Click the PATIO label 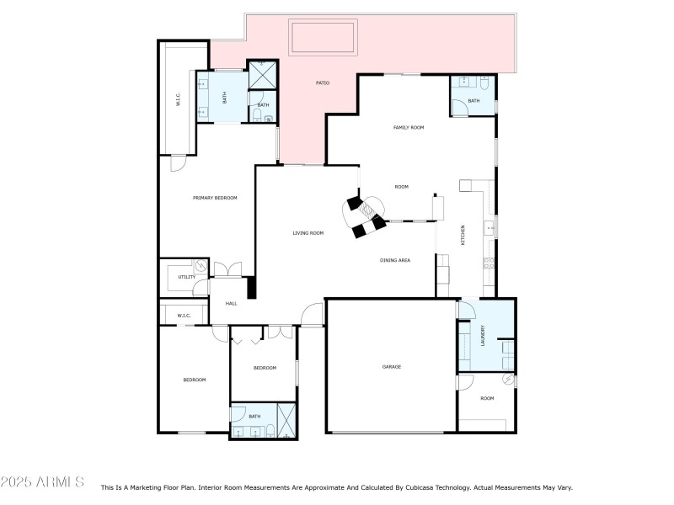(322, 83)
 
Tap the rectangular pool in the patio (323, 38)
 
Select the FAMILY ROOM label (409, 128)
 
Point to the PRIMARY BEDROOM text (215, 198)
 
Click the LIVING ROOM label (308, 233)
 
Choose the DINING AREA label (394, 261)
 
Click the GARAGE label (391, 367)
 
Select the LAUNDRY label (483, 336)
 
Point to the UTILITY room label (186, 277)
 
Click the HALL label (231, 304)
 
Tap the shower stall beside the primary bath (262, 75)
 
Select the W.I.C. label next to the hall (184, 316)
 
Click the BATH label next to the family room (473, 101)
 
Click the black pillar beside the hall (250, 287)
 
